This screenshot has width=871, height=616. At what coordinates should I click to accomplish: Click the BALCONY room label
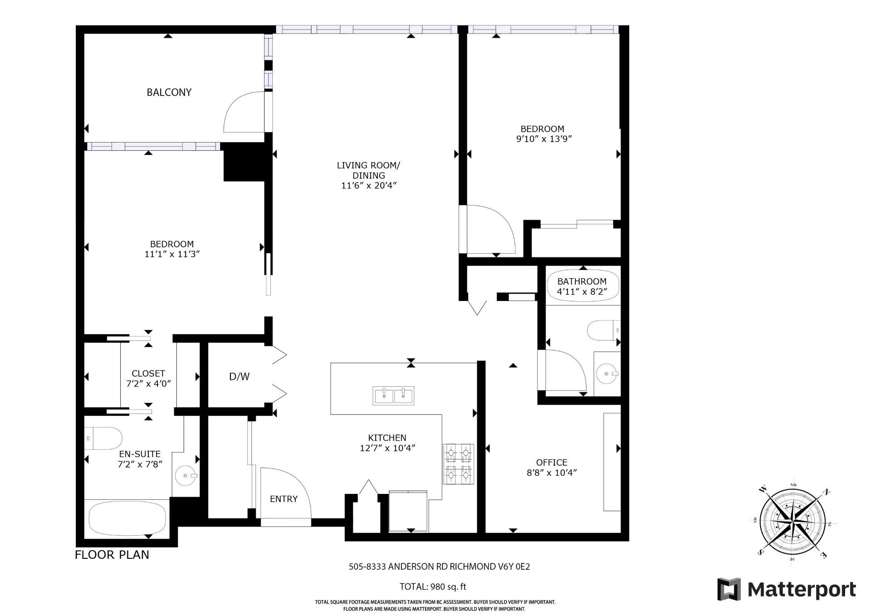point(169,92)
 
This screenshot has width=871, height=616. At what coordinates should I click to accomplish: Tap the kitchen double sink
point(393,395)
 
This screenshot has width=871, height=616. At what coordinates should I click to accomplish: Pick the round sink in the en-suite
point(186,476)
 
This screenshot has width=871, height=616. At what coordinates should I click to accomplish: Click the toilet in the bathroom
point(604,330)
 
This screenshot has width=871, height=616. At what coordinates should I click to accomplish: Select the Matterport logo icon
point(729,589)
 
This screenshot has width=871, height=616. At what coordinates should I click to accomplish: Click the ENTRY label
point(284,499)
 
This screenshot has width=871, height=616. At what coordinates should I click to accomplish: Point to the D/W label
point(239,376)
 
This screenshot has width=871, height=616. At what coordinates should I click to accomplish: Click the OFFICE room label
point(552,462)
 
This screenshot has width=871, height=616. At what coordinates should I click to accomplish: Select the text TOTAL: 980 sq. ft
point(433,586)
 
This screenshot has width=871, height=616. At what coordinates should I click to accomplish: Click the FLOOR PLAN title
point(112,554)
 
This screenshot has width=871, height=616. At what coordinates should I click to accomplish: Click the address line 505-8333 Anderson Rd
point(439,567)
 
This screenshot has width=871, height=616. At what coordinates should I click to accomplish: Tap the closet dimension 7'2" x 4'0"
point(148,383)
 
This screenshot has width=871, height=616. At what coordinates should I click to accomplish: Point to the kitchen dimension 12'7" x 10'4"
point(387,448)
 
